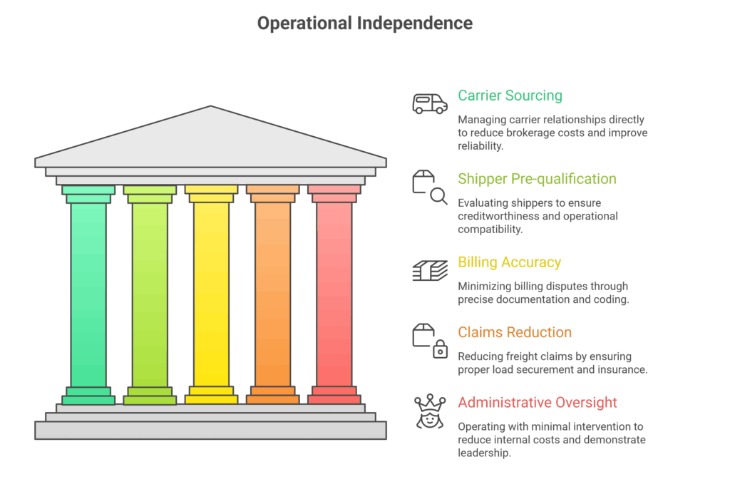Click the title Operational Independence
(x=364, y=24)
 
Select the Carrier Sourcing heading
(x=510, y=96)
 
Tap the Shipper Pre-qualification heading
(x=537, y=179)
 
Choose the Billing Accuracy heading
(x=509, y=262)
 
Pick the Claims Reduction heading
(x=515, y=332)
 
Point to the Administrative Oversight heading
(x=538, y=402)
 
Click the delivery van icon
(x=430, y=103)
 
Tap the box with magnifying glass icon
(x=430, y=187)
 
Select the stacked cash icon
(x=430, y=270)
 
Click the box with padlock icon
(x=430, y=340)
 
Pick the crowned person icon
(x=430, y=411)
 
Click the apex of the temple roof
(x=210, y=108)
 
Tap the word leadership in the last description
(x=485, y=453)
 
